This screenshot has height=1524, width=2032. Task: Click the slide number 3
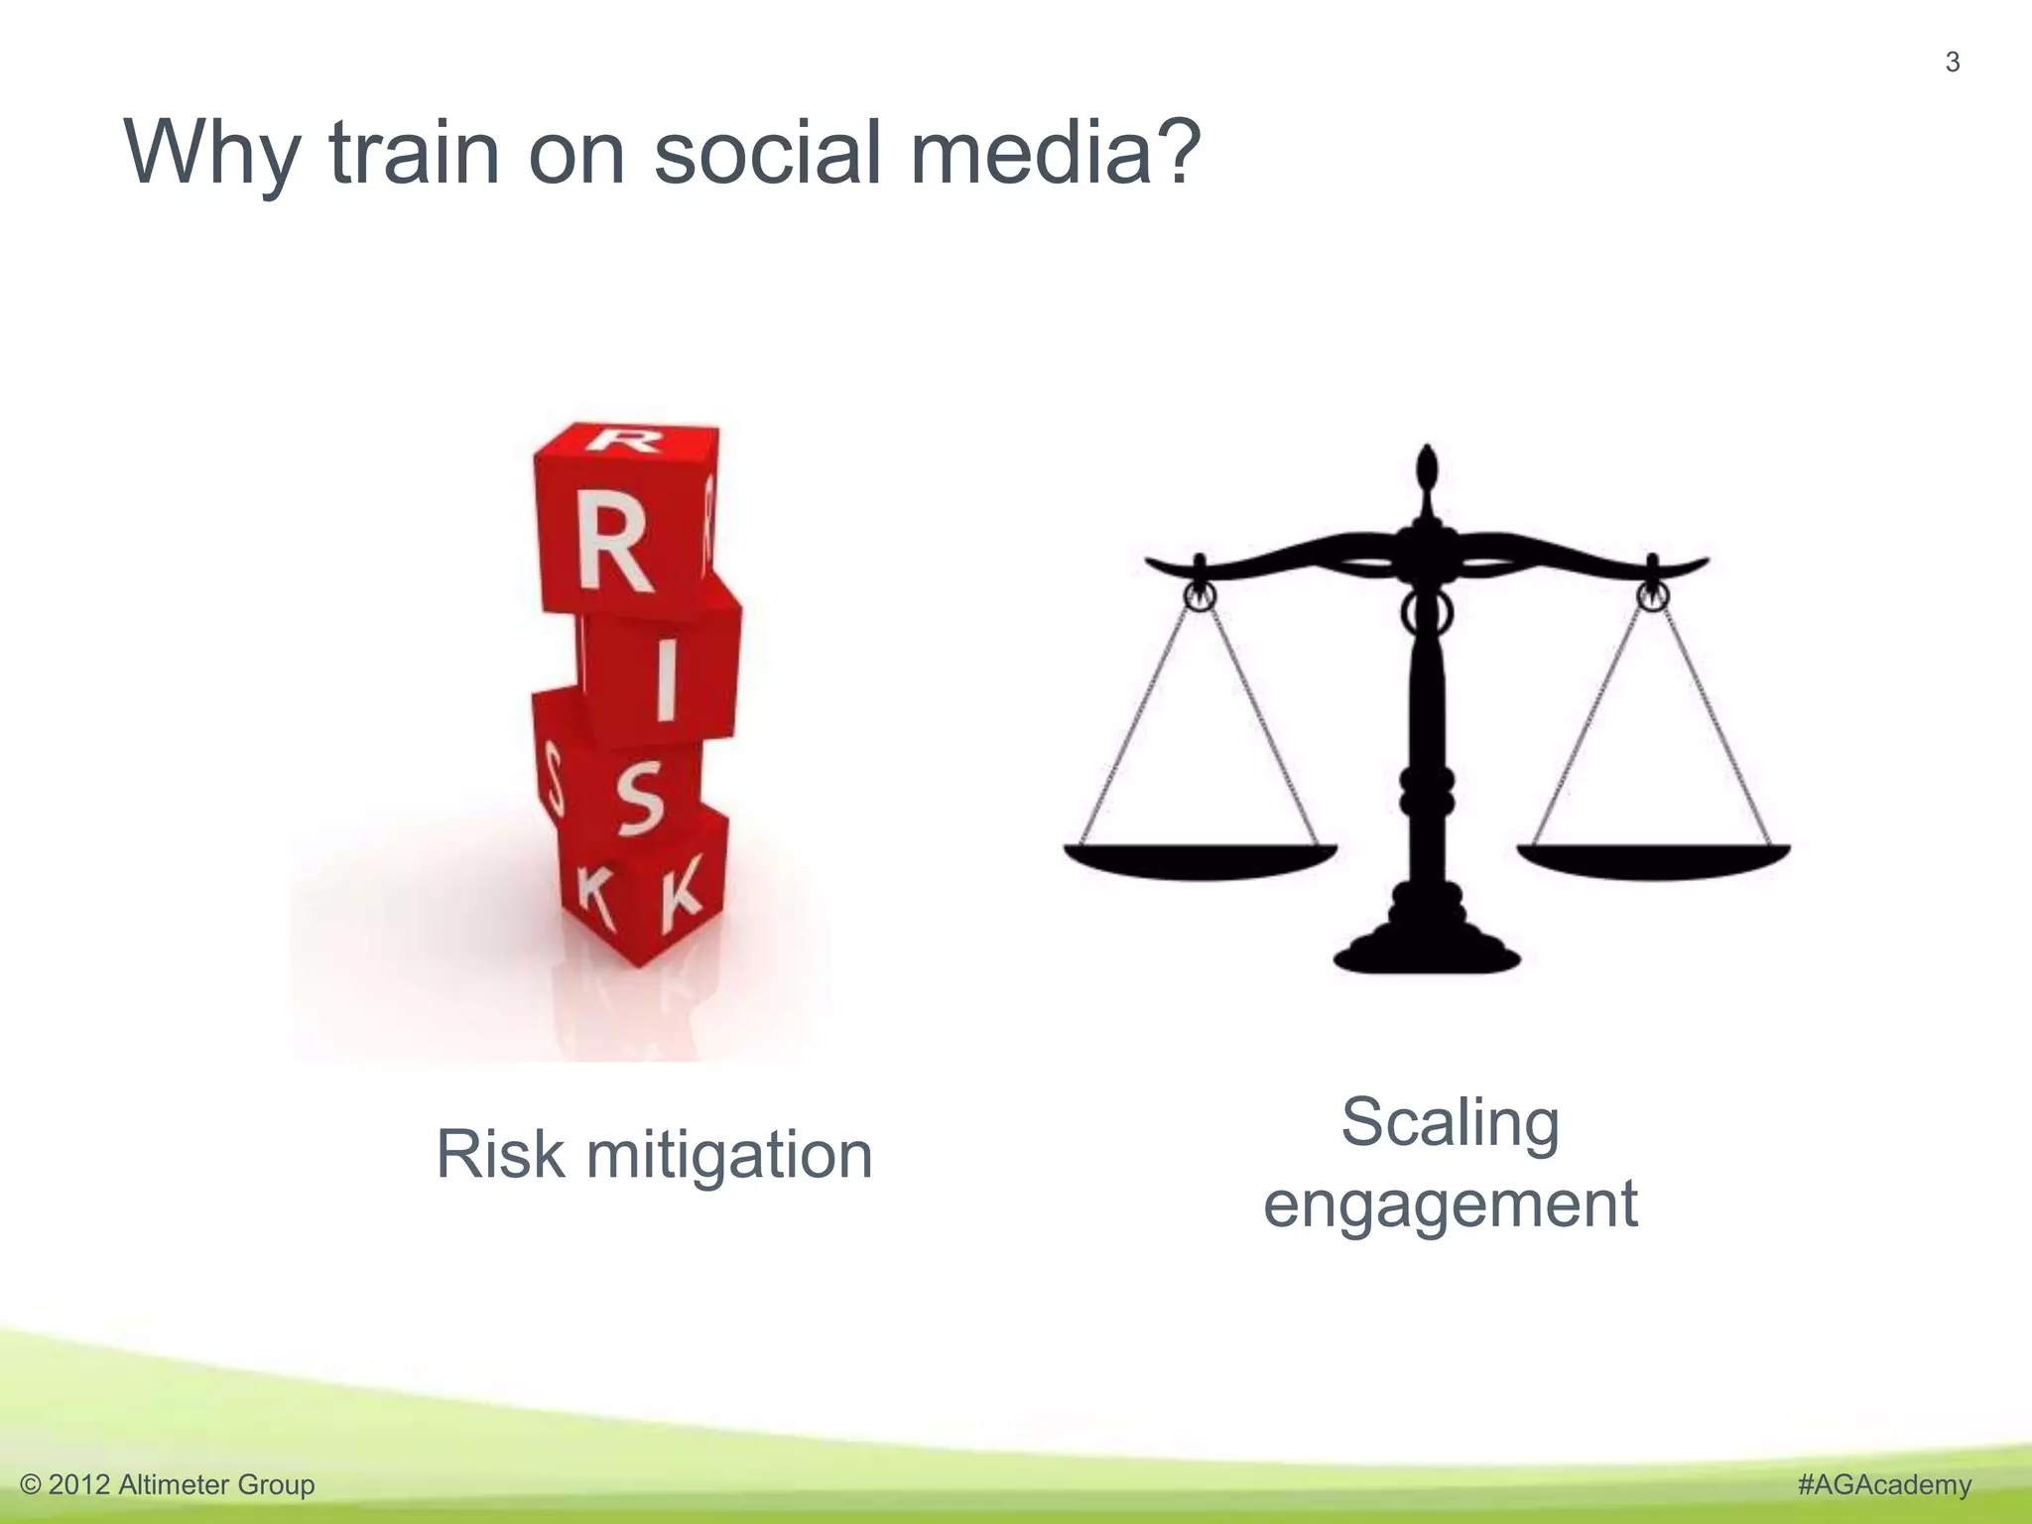click(x=1952, y=63)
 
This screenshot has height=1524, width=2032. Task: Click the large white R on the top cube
click(x=614, y=544)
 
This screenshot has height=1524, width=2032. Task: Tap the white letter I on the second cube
click(x=666, y=680)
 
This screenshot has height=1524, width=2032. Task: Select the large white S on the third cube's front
click(x=640, y=800)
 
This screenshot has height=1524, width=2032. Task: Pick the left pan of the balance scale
click(x=1200, y=860)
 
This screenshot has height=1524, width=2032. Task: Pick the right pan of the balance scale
click(x=1653, y=860)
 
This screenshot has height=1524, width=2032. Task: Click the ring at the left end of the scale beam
click(x=1200, y=597)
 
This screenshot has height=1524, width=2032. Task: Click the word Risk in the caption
click(x=500, y=1155)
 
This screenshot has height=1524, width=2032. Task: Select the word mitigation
click(x=729, y=1157)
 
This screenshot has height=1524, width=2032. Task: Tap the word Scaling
click(x=1450, y=1124)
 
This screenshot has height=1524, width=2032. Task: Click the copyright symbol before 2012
click(x=31, y=1485)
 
